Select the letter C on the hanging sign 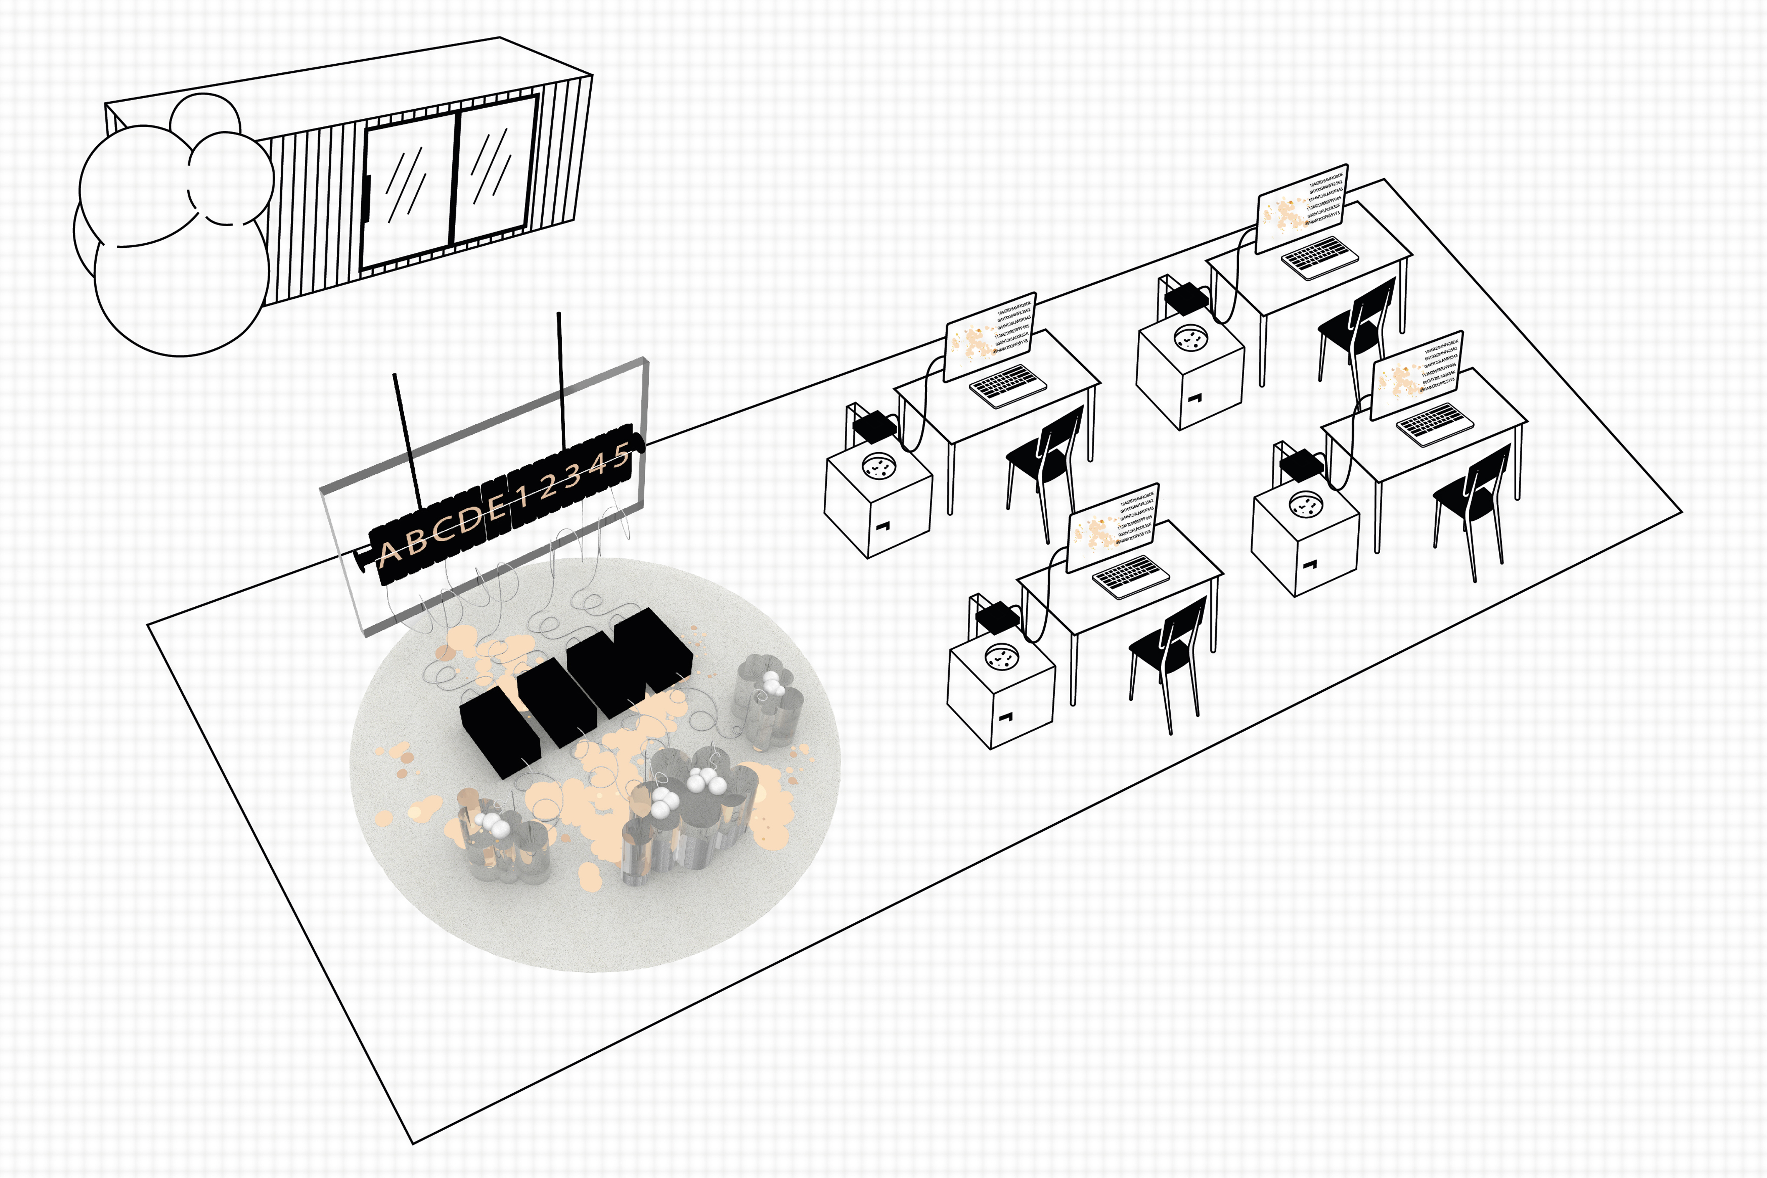pyautogui.click(x=443, y=526)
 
